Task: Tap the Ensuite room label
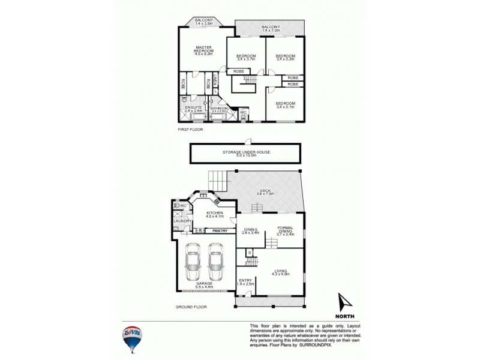[193, 109]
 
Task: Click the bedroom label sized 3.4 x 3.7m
[246, 58]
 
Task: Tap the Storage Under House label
[244, 154]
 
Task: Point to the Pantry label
[220, 230]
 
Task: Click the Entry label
[246, 282]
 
